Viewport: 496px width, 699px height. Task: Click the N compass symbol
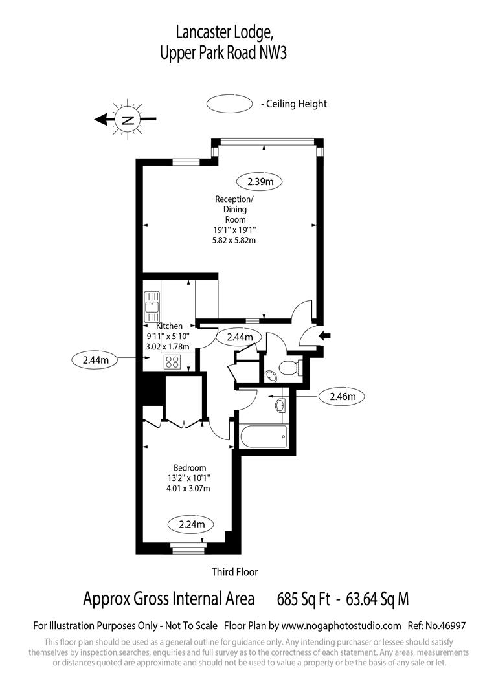(x=128, y=120)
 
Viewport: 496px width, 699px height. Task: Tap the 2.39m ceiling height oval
(x=260, y=181)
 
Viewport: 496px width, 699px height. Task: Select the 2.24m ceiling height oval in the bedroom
(x=192, y=525)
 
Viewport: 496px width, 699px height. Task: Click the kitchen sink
(x=152, y=306)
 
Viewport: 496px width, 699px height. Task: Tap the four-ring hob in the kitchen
(x=173, y=362)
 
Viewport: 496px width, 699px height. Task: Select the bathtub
(x=264, y=438)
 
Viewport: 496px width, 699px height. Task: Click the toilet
(x=289, y=368)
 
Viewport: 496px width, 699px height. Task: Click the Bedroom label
(x=190, y=468)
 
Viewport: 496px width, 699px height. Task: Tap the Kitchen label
(x=170, y=326)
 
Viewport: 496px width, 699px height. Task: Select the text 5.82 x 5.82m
(x=234, y=240)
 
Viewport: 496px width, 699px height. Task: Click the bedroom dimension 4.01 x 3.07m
(x=188, y=488)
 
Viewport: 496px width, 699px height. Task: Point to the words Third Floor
(x=234, y=571)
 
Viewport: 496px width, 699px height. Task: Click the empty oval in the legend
(x=230, y=104)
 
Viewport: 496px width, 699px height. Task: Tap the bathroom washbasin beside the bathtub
(x=280, y=405)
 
